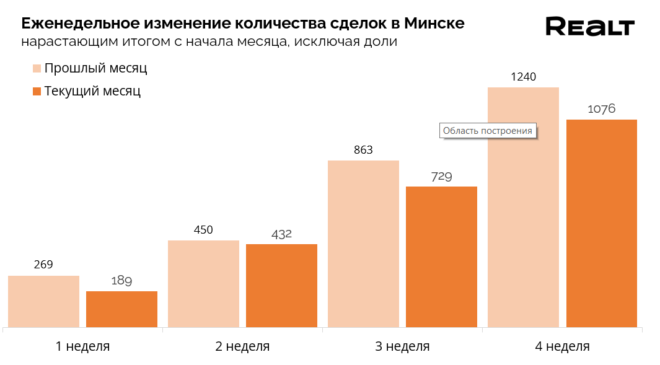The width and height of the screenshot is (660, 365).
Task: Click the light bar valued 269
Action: [x=43, y=301]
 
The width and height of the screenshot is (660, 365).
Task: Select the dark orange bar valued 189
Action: [x=121, y=309]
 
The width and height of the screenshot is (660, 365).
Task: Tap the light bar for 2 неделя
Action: [x=203, y=283]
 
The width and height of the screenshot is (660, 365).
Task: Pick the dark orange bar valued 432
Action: [x=281, y=285]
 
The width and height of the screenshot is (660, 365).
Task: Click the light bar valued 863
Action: [x=363, y=244]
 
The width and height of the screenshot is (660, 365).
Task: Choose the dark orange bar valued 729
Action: [x=441, y=257]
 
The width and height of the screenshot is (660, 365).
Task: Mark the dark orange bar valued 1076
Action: [x=602, y=223]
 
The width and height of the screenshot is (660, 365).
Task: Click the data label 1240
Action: [x=523, y=77]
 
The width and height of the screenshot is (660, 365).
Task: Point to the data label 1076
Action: [x=601, y=109]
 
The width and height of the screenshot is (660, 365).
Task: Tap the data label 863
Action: [x=363, y=150]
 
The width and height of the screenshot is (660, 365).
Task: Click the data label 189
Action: [x=121, y=281]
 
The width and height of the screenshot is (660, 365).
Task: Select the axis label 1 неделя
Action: [x=82, y=346]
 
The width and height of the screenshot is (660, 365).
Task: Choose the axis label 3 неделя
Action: [x=402, y=346]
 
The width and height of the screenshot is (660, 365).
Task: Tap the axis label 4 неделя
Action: [x=562, y=346]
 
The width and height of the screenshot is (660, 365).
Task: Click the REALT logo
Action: [x=589, y=27]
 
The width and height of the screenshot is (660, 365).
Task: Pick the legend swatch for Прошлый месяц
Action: [x=37, y=68]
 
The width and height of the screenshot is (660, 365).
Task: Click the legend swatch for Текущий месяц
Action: [x=37, y=91]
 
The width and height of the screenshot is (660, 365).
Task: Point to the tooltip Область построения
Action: [x=488, y=131]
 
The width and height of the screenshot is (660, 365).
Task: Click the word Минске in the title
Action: [x=434, y=24]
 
